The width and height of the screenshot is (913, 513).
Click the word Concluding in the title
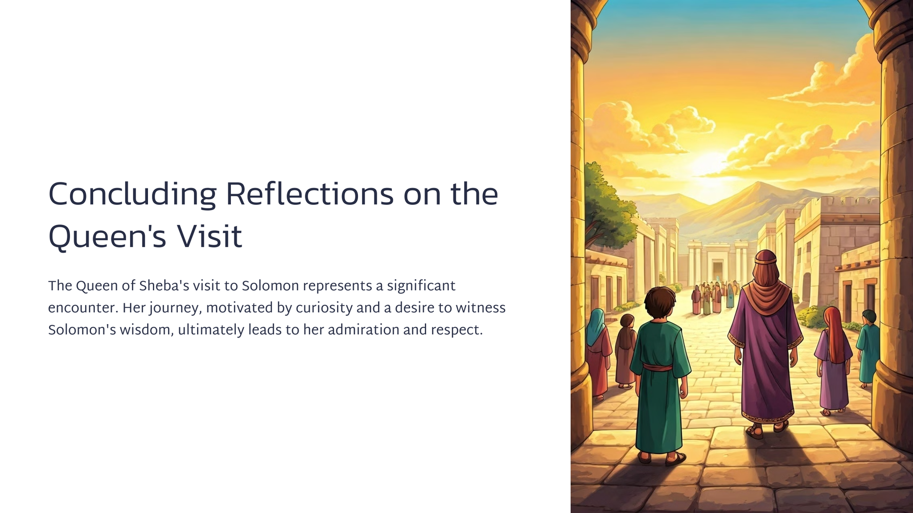tap(132, 195)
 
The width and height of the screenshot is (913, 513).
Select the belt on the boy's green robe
tap(657, 367)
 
